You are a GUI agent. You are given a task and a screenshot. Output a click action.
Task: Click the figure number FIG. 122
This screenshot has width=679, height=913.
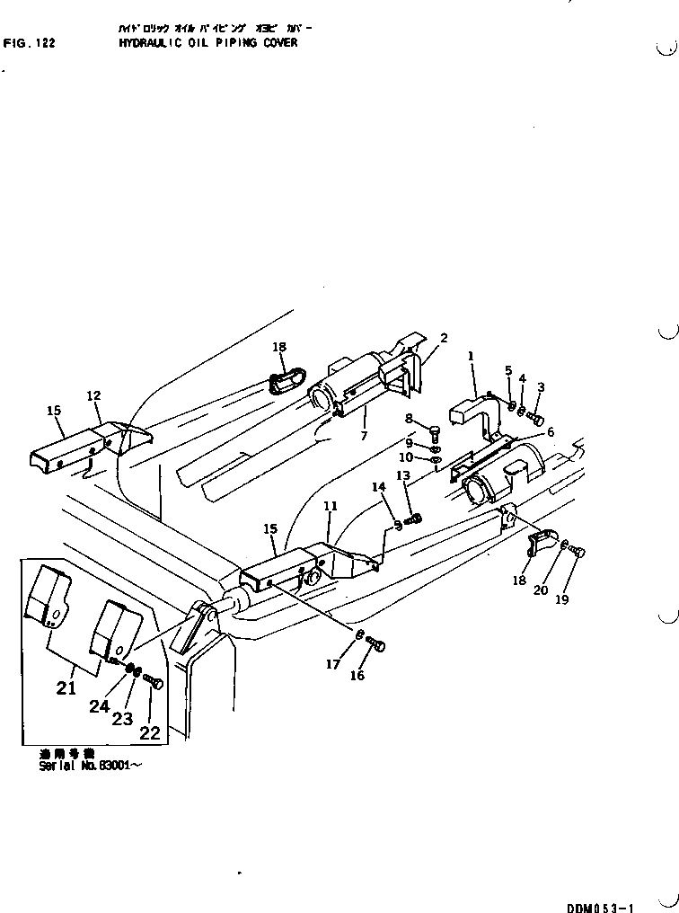click(30, 42)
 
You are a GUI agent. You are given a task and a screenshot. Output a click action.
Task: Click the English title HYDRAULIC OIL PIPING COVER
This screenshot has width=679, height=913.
click(207, 42)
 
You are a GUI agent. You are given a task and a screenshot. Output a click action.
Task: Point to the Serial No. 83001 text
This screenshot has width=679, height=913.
click(90, 767)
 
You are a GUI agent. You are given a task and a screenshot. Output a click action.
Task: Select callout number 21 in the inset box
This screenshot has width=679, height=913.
click(66, 688)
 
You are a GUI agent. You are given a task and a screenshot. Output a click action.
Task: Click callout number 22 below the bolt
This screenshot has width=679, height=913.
click(149, 732)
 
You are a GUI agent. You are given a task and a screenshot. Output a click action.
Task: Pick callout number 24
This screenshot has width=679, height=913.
click(99, 706)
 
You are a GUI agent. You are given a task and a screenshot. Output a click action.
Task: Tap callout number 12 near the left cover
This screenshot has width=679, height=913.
click(93, 395)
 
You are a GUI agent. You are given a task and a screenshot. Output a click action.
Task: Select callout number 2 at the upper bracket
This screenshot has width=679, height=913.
click(444, 338)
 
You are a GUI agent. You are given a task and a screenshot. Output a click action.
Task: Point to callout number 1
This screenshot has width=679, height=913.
click(471, 356)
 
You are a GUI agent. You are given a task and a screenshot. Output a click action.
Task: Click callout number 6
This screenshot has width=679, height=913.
click(550, 432)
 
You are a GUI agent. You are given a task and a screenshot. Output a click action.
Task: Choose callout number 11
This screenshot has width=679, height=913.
click(331, 507)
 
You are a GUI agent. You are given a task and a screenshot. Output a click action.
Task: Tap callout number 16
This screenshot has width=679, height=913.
click(357, 675)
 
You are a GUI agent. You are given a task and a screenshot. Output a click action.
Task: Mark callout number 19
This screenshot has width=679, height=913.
click(561, 600)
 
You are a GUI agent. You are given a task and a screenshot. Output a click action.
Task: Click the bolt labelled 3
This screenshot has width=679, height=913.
click(537, 418)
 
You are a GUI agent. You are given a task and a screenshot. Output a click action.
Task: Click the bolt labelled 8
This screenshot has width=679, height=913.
click(436, 430)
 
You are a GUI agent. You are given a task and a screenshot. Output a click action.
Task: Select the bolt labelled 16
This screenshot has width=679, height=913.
click(378, 644)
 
